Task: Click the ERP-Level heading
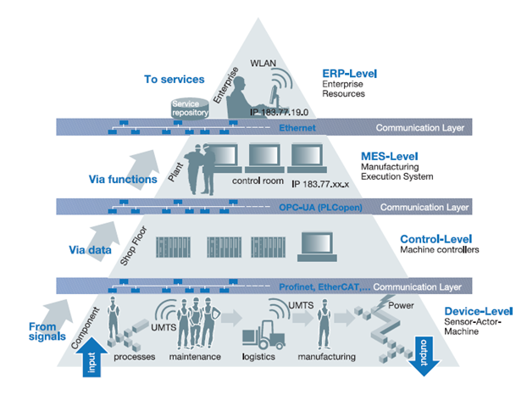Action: [349, 74]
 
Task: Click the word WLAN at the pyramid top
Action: [265, 62]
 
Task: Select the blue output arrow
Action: [425, 353]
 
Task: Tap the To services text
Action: [174, 79]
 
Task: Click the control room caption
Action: [255, 180]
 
